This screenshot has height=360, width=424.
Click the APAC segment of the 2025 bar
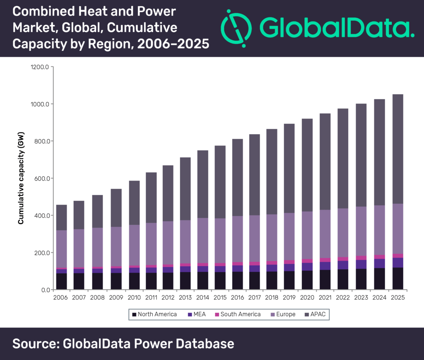pos(398,149)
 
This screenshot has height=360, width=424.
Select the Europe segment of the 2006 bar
pos(62,249)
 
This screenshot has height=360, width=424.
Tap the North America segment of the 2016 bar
pos(237,281)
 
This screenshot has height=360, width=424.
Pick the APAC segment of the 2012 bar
pos(168,193)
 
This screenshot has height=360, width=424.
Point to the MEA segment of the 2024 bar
pos(379,263)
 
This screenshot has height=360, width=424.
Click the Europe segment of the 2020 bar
pos(307,235)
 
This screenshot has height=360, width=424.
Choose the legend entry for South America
pos(238,314)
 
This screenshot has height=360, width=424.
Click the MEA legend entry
pos(197,314)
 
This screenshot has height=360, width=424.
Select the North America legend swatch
pos(134,314)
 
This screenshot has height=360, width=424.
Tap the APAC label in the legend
pos(318,314)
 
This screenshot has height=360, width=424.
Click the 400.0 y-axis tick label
pos(42,215)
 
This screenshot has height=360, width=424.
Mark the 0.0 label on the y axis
pos(46,290)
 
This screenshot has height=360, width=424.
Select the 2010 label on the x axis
pos(134,297)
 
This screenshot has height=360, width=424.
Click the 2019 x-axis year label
pos(289,297)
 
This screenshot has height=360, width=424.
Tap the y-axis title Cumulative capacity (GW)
pos(21,178)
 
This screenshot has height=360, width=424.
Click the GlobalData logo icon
pos(236,29)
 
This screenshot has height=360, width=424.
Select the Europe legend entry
pos(283,314)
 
